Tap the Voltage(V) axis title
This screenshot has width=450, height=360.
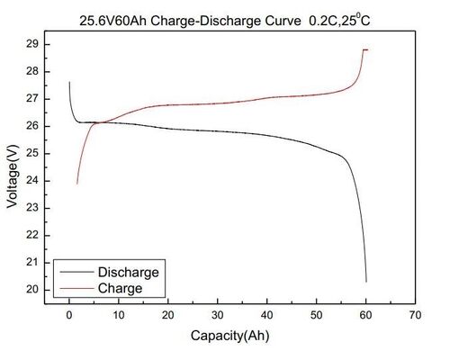pos(12,170)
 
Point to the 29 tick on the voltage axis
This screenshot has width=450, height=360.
pos(31,43)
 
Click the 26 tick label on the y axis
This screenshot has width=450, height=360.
pos(31,125)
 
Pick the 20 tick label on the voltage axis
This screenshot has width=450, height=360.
pos(31,289)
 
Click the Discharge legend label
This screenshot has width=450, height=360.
pos(129,272)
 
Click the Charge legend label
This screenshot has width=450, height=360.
pos(121,288)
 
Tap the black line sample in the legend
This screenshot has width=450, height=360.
pos(76,272)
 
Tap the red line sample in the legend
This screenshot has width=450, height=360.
pos(76,288)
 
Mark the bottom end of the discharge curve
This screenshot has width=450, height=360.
pos(366,282)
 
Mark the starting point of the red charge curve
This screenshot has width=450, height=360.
pos(76,184)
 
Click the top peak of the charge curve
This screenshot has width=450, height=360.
pos(364,49)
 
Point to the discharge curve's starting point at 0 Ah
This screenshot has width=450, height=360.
pos(69,82)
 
